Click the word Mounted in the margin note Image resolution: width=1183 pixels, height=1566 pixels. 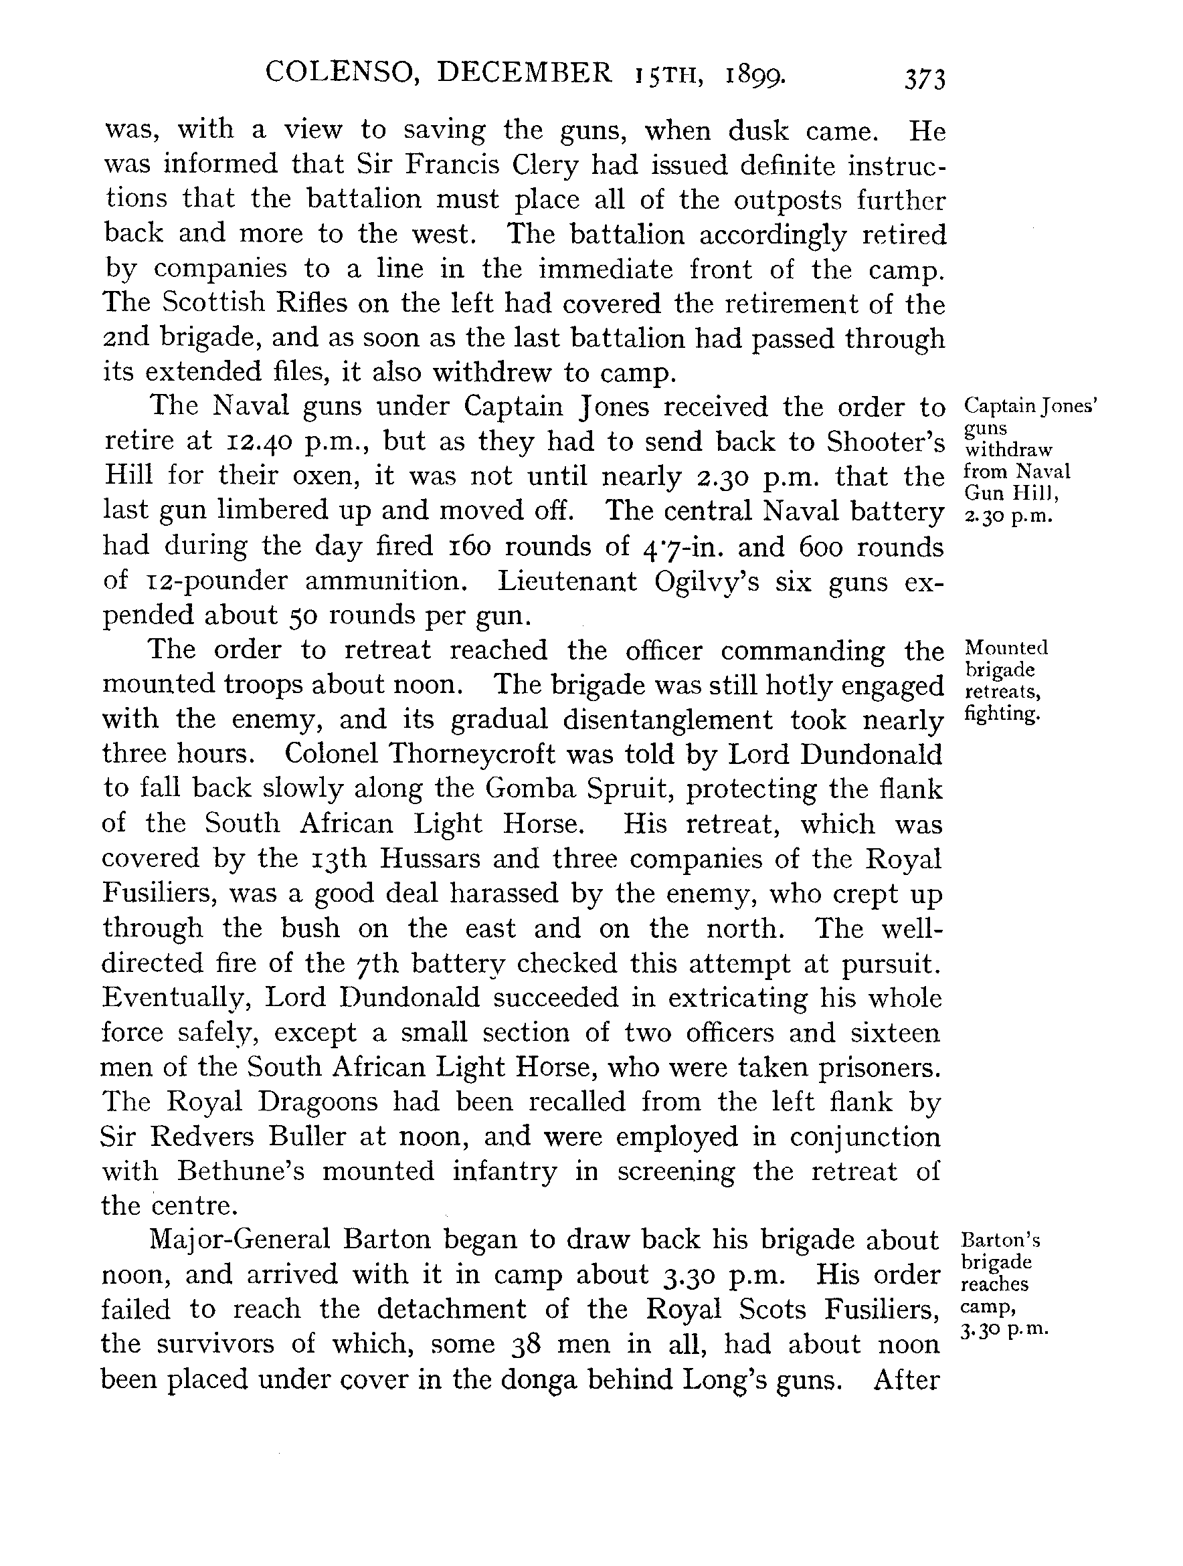1006,648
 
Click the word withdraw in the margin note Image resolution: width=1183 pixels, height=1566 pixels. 1009,450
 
